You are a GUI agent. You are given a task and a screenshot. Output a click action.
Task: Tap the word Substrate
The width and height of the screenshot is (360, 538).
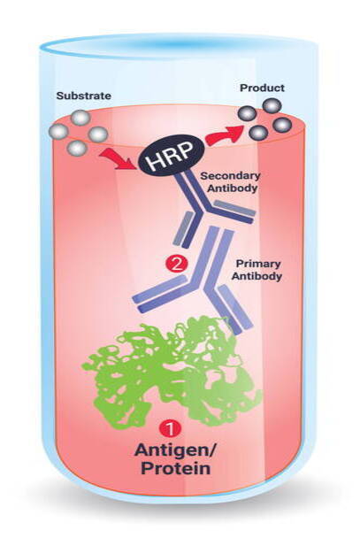(84, 96)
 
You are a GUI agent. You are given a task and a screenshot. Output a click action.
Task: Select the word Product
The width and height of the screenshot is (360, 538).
(262, 88)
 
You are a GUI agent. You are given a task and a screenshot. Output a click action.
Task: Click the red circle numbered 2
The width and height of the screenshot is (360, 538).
(176, 265)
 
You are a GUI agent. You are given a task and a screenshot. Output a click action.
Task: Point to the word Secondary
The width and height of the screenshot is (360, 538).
(230, 176)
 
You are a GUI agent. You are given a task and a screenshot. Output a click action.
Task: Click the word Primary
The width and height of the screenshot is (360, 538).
(258, 264)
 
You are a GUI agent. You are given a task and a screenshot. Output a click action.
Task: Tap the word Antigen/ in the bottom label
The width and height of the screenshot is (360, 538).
(175, 450)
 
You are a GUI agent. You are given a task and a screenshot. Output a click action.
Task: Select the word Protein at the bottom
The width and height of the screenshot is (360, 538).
(175, 469)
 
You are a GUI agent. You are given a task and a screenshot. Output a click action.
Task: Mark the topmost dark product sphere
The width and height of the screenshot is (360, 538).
(272, 106)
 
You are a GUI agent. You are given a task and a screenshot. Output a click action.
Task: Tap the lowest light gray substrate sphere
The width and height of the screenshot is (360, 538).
(78, 148)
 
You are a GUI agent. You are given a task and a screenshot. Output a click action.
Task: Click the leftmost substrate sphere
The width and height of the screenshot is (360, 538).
(58, 132)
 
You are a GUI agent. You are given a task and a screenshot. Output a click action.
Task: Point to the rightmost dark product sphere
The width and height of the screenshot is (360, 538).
(283, 126)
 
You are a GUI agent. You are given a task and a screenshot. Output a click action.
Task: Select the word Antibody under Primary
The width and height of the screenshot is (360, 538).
(257, 276)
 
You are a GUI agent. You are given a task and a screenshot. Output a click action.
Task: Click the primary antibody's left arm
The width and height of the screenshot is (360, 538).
(161, 293)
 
